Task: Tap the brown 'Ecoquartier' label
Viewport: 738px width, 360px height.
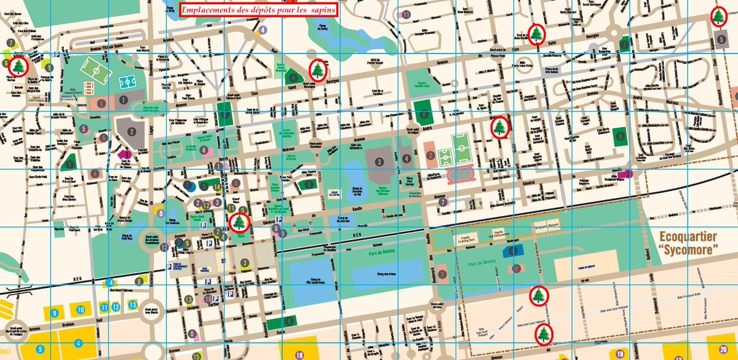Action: tap(689, 236)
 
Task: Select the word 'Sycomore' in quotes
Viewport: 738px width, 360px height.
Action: tap(689, 250)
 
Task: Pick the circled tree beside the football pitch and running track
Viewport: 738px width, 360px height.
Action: tap(501, 127)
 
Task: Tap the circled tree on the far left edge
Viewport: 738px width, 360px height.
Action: tap(18, 65)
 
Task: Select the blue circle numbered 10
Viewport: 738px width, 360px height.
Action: tap(80, 308)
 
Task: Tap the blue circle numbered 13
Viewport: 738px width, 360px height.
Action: tap(132, 305)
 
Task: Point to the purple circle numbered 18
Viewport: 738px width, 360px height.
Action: tap(300, 355)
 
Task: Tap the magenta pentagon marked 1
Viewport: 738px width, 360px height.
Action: tap(127, 154)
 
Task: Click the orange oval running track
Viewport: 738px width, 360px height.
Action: tap(458, 175)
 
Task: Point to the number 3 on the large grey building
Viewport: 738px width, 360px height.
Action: tap(380, 161)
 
